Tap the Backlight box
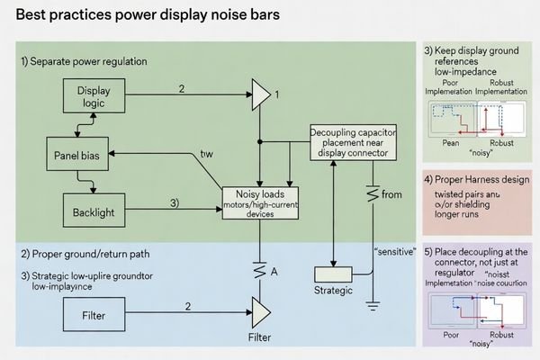click(x=94, y=213)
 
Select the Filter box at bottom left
click(x=94, y=314)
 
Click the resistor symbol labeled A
click(x=260, y=268)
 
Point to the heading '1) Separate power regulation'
click(x=84, y=60)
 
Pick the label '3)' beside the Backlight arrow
click(x=175, y=203)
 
